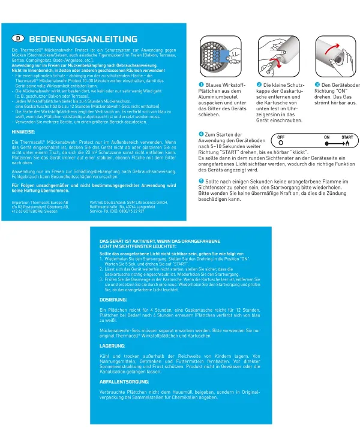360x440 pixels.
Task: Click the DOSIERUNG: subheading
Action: pos(112,299)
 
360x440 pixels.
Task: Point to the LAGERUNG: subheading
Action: pos(112,346)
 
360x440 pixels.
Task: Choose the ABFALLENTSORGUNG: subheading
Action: pos(124,381)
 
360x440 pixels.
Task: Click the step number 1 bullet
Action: pos(202,85)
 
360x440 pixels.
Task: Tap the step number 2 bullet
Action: pos(259,85)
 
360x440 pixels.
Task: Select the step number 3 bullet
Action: pos(317,85)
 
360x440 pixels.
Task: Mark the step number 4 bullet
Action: pos(201,134)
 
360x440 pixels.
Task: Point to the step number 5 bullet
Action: pos(201,180)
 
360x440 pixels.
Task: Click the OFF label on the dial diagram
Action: pos(280,137)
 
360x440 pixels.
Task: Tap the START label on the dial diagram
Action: pos(347,137)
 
